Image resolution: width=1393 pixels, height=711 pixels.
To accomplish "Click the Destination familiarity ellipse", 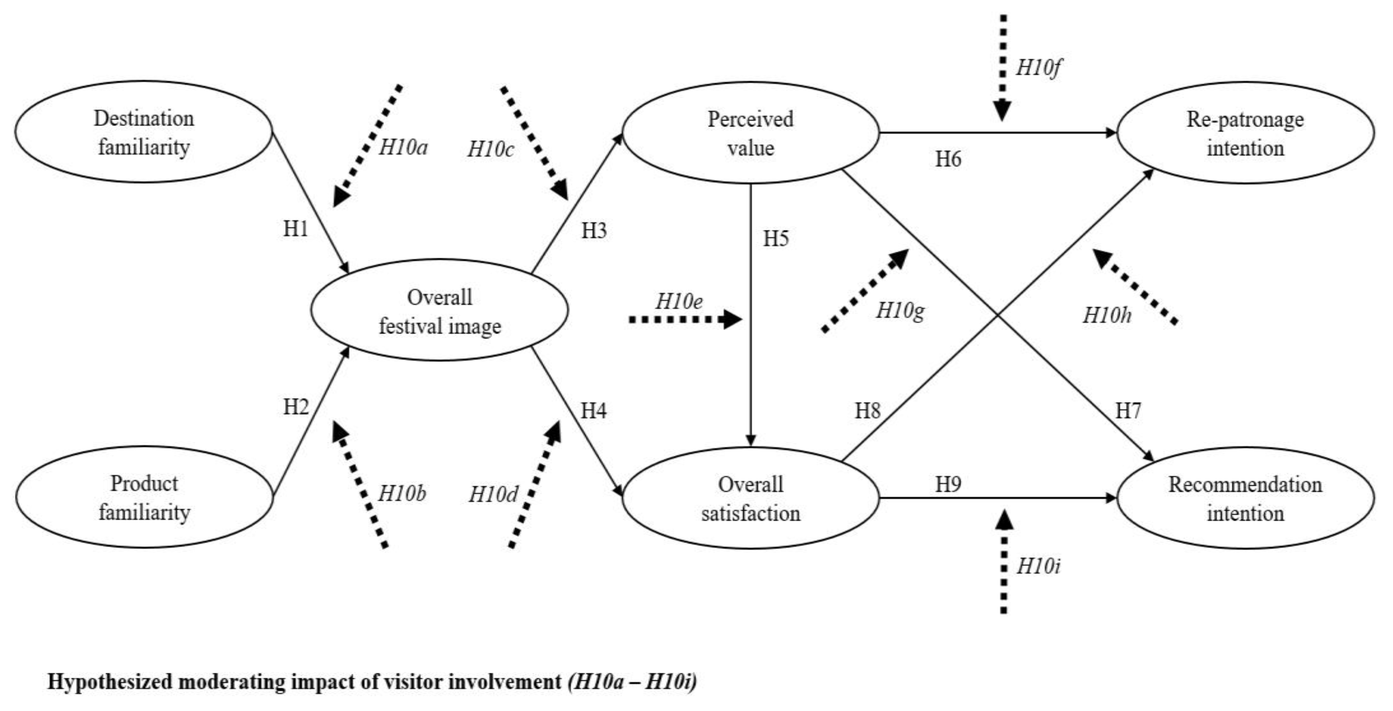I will pos(143,132).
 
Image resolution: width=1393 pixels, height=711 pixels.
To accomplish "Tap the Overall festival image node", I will pos(439,311).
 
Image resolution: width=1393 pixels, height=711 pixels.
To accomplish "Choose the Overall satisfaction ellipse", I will pos(750,498).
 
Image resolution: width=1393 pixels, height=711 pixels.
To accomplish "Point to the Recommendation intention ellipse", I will pos(1245,498).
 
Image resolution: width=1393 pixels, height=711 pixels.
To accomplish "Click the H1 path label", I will pos(296,229).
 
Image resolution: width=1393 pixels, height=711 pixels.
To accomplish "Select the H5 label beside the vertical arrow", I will pos(775,238).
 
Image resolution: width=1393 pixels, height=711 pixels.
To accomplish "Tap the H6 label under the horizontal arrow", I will pos(948,160).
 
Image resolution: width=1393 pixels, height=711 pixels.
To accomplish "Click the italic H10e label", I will pos(679,301).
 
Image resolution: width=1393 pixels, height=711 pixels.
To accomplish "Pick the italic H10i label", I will pos(1038,566).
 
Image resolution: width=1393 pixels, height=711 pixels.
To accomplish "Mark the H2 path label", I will pos(296,406).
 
